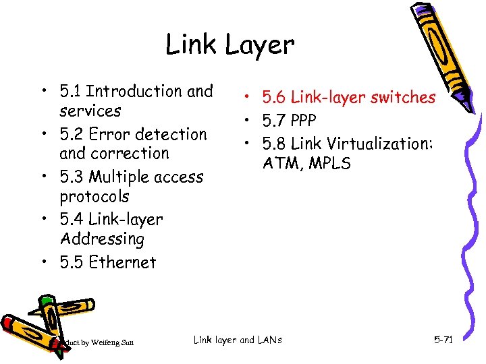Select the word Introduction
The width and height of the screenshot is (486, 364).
click(x=134, y=91)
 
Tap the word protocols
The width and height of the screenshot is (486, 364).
click(x=94, y=197)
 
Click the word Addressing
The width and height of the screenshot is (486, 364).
click(x=102, y=239)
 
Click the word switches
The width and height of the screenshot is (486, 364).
click(x=402, y=98)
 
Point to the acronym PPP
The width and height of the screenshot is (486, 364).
click(x=302, y=120)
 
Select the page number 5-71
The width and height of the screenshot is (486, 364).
click(x=443, y=340)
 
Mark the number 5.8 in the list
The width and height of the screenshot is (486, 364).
click(x=273, y=143)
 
